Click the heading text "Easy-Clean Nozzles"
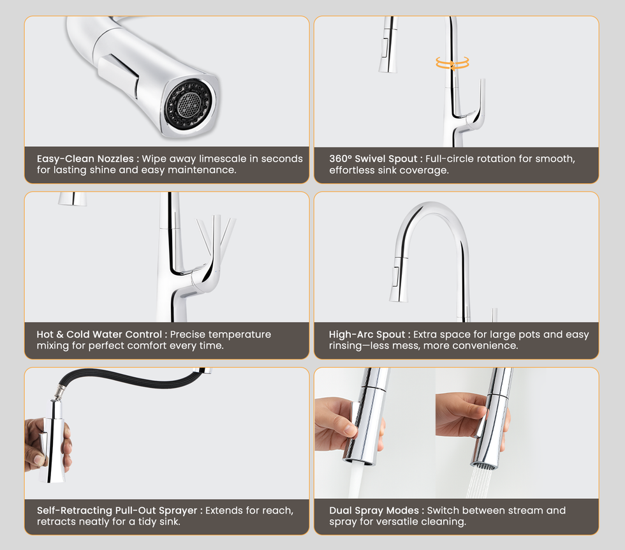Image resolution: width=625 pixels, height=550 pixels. tap(85, 159)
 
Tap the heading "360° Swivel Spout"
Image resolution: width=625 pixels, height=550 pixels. tap(373, 159)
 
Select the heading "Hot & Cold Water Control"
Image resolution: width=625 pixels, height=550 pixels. tap(99, 334)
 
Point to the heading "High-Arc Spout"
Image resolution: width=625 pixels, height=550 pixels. tap(367, 334)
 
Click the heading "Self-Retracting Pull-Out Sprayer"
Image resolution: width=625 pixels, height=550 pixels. tap(117, 510)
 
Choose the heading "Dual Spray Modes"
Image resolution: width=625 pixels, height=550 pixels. tap(374, 510)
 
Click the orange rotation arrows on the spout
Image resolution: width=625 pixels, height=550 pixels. tap(452, 63)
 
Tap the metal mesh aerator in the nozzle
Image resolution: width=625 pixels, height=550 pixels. tap(188, 105)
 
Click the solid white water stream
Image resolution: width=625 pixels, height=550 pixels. tap(356, 481)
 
